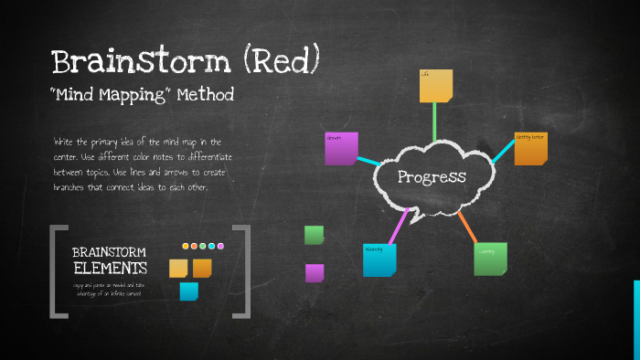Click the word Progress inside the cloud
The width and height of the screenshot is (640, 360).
[432, 177]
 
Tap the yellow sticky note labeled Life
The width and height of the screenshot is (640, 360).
[436, 85]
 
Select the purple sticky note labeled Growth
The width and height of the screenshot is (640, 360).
[341, 149]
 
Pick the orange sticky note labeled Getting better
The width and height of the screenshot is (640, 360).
[530, 149]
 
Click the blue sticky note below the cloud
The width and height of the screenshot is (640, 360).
[379, 259]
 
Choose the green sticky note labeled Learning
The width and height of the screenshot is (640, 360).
[490, 259]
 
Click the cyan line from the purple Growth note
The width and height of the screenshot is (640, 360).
[372, 162]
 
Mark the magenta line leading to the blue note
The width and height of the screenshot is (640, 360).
[399, 227]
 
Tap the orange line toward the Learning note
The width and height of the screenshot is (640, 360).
[466, 228]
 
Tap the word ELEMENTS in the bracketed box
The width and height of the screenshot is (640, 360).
[110, 269]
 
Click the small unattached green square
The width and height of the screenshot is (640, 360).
[314, 235]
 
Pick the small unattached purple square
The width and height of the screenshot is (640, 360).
[314, 272]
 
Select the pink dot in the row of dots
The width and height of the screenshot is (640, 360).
[220, 246]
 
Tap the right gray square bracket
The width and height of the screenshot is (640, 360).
[243, 271]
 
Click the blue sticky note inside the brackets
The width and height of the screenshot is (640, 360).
[188, 291]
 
